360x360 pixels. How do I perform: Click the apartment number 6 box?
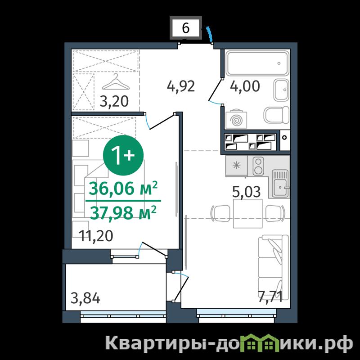tap(186, 28)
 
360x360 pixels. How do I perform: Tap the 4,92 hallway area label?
tap(181, 86)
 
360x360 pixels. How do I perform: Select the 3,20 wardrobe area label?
tap(114, 102)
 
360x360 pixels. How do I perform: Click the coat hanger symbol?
tap(116, 82)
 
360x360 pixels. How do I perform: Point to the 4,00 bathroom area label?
tap(245, 86)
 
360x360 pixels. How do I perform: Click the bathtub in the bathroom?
tap(257, 63)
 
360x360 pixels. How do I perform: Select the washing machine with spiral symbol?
tap(237, 120)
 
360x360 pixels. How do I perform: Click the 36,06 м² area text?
tap(123, 188)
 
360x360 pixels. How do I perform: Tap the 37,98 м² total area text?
tap(123, 212)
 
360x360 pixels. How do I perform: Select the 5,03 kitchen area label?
tap(246, 192)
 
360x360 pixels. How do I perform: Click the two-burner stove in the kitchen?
tap(258, 166)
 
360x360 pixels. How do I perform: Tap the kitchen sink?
tap(280, 184)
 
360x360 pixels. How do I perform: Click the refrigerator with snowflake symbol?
tap(237, 166)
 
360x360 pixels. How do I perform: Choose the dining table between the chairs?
tap(248, 213)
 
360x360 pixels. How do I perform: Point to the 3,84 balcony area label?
tap(85, 299)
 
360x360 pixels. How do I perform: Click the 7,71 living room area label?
tap(270, 297)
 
